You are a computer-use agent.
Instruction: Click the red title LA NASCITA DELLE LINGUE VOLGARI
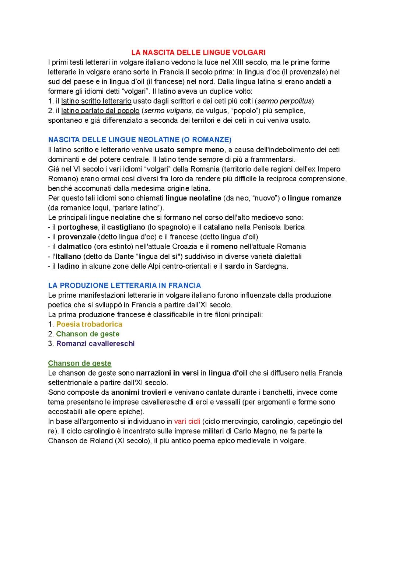tap(198, 53)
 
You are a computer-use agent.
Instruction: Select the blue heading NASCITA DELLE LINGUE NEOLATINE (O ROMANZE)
tap(140, 140)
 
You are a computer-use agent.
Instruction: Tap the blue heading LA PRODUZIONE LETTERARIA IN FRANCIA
tap(125, 285)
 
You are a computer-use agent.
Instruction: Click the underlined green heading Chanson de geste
tap(80, 363)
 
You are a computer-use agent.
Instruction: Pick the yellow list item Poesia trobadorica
tap(89, 324)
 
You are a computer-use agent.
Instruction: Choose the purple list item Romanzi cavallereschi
tap(95, 343)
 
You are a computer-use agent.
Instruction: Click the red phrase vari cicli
tap(187, 421)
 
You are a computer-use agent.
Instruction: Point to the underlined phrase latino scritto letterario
tap(96, 101)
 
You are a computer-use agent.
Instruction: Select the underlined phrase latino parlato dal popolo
tap(100, 111)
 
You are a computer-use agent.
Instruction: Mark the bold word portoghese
tap(78, 227)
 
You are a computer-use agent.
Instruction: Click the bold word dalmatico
tap(74, 247)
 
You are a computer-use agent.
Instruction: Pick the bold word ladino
tap(69, 266)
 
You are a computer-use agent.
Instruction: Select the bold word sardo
tap(234, 266)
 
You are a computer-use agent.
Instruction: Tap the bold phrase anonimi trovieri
tap(139, 392)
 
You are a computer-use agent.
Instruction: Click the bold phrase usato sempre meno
tap(189, 150)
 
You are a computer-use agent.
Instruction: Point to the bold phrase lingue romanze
tap(314, 198)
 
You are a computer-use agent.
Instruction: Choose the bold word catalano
tap(218, 227)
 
